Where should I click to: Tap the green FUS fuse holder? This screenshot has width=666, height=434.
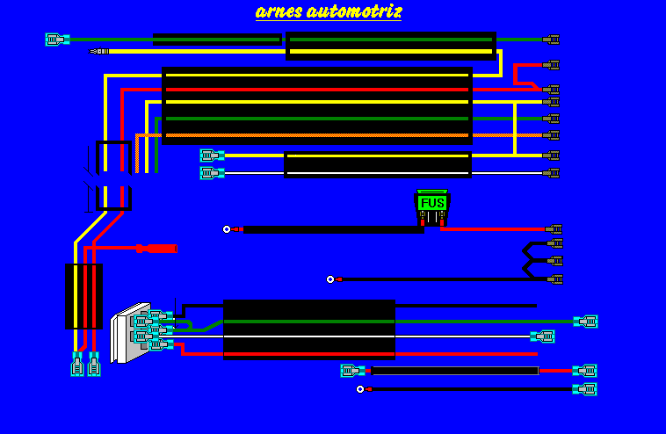coord(432,203)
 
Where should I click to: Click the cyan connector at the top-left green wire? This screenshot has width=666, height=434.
coord(56,40)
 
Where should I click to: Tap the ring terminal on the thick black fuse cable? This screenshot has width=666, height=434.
coord(227,229)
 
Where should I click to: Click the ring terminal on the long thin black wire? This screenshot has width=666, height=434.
coord(330,279)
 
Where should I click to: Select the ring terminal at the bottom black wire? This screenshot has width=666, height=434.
coord(360,389)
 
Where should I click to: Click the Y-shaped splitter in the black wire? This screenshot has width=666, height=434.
coord(531,260)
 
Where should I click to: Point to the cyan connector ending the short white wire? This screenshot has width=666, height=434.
coord(543,336)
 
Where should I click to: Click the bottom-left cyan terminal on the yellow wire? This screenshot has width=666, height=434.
coord(77,364)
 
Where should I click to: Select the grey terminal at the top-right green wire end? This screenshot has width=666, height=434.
coord(551,40)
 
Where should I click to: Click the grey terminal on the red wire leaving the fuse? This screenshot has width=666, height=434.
coord(553,229)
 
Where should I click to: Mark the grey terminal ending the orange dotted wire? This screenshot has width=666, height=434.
coord(551,135)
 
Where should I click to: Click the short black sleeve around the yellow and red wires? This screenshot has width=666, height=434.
coord(83,296)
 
